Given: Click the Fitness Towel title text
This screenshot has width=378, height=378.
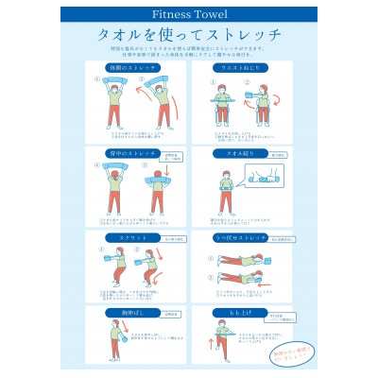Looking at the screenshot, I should coord(189,15).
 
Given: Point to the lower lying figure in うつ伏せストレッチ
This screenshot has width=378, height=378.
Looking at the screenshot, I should coord(236,281).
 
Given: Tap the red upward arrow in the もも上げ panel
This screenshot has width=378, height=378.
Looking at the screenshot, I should coord(204,336).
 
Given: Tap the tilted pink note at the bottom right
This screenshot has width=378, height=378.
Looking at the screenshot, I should coord(273,352).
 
